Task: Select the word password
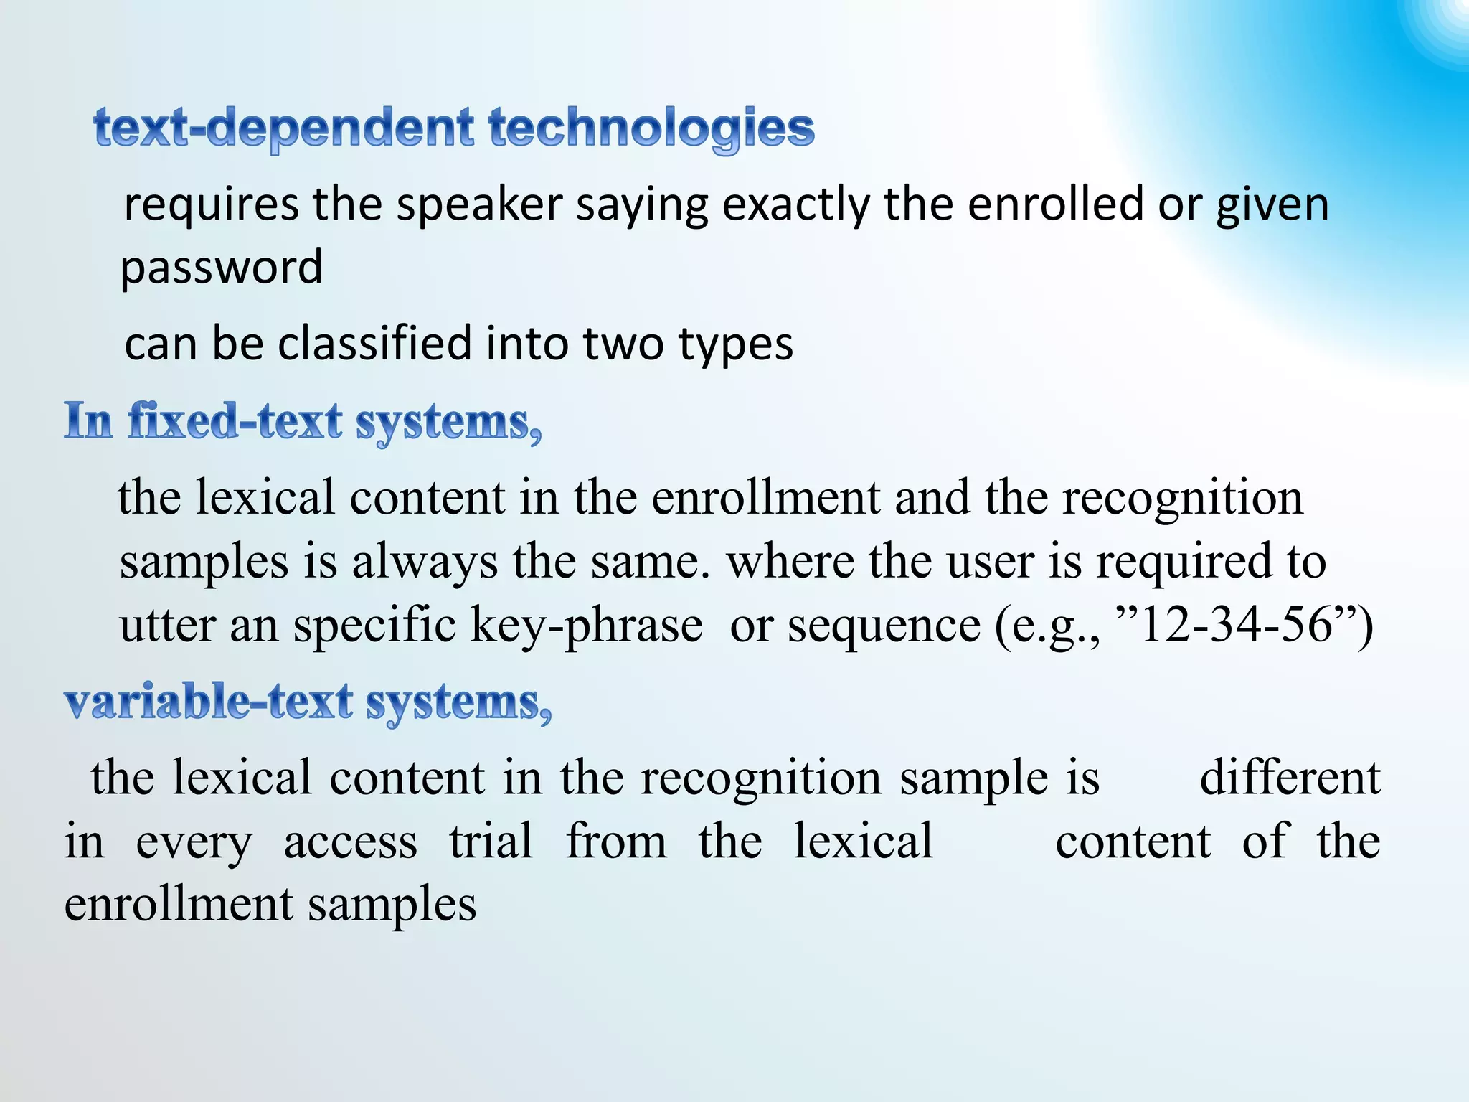pos(221,267)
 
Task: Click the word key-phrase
pos(586,626)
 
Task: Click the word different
pos(1290,778)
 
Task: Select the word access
pos(350,842)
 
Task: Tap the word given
pos(1272,205)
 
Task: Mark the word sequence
pos(884,626)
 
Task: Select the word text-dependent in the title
pos(284,129)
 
